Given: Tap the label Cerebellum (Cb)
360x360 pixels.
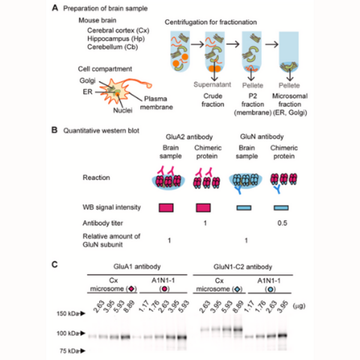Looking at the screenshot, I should pyautogui.click(x=113, y=47).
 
